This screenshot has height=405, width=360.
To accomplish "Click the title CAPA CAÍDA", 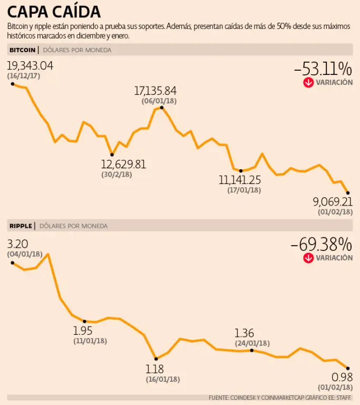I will [54, 12].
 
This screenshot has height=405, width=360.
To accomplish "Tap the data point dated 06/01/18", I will [161, 107].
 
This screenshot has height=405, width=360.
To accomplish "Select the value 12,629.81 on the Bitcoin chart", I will [123, 164].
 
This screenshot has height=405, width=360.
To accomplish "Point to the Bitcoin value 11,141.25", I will [240, 180].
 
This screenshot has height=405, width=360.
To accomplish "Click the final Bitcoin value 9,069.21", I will [333, 201].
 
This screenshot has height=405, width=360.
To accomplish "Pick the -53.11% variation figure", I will [323, 69].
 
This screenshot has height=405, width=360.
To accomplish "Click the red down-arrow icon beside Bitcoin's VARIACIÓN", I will [308, 82].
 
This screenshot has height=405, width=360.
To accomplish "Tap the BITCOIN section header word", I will [22, 50].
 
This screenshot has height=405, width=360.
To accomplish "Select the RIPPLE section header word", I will [21, 226].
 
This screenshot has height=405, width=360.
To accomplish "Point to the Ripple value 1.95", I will [83, 331].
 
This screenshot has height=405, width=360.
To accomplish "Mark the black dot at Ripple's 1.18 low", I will [155, 359].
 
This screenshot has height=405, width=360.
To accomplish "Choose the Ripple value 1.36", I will [244, 333].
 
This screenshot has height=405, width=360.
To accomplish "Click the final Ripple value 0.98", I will [342, 378].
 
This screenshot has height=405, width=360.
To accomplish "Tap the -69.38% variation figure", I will [321, 244].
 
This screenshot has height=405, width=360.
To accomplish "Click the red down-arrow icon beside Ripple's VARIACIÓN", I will [308, 258].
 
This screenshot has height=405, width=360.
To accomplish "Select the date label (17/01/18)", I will [244, 190].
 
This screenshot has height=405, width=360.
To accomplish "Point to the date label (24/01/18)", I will [252, 343].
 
